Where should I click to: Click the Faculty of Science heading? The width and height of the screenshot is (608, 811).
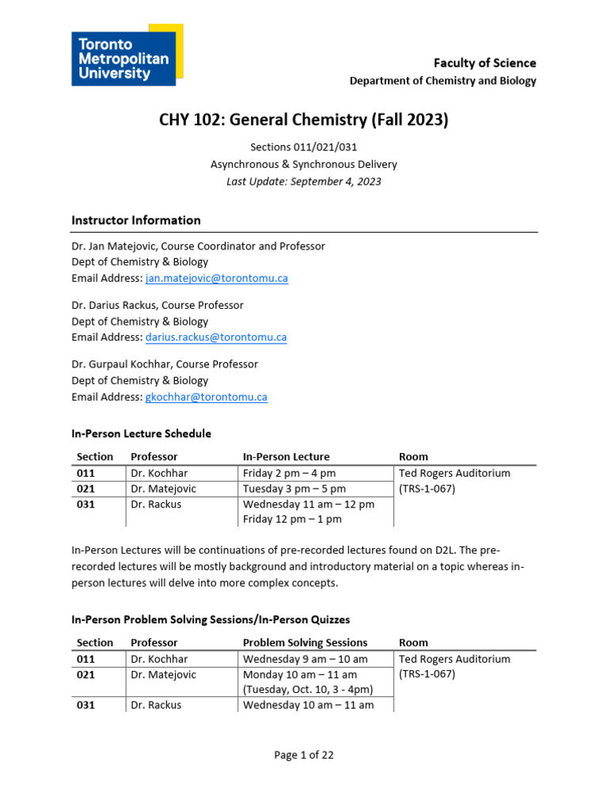[x=484, y=63]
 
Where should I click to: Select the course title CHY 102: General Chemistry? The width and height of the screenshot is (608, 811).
[x=303, y=120]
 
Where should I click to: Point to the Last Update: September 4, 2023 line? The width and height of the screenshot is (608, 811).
[x=303, y=181]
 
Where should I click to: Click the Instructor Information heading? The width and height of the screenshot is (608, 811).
[x=135, y=220]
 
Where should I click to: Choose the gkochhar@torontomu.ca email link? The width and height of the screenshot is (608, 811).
[x=207, y=397]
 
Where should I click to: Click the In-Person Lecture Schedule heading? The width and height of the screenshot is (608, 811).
[x=141, y=433]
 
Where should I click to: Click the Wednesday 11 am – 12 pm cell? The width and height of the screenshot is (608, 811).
[x=308, y=504]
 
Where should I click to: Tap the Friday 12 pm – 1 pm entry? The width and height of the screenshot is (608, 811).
[x=292, y=520]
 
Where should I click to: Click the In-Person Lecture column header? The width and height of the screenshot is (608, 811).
[x=286, y=457]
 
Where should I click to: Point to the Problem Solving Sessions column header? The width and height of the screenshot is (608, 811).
[x=305, y=642]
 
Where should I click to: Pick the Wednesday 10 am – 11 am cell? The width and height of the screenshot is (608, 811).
[x=308, y=705]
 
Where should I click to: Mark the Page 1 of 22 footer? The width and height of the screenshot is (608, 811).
[x=303, y=755]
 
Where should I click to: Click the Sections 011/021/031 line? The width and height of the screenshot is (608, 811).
[x=303, y=148]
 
